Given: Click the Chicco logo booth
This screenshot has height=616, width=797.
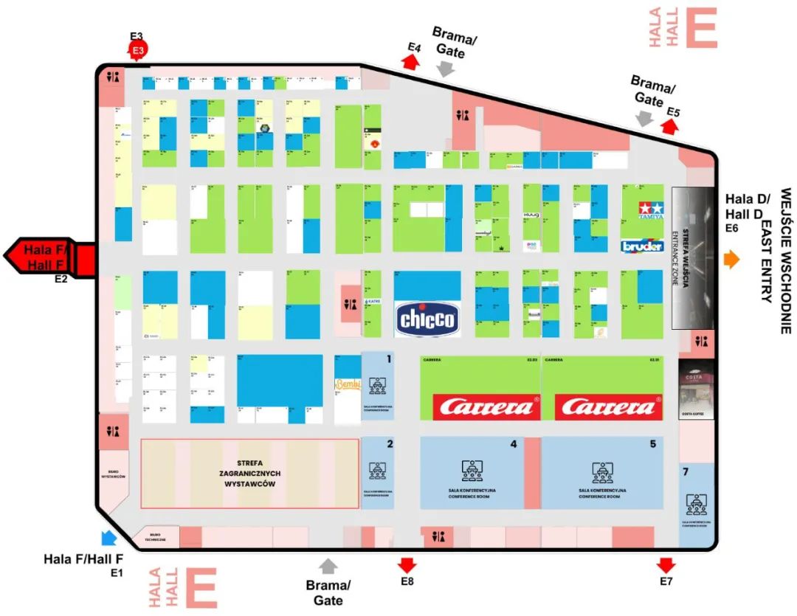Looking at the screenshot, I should (427, 319).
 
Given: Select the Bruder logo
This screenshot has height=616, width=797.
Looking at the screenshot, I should (642, 246).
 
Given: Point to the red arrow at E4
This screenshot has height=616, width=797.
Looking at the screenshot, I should (411, 62).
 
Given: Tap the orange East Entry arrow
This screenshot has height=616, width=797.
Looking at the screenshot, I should (731, 259).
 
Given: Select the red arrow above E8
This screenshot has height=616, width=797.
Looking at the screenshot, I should (407, 565).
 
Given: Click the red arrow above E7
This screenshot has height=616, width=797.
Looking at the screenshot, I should (666, 565).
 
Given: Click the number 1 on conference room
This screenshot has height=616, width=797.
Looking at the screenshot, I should (389, 360).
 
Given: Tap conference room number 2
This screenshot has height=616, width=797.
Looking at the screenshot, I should (389, 444).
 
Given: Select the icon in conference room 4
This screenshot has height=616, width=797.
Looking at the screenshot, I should (472, 469).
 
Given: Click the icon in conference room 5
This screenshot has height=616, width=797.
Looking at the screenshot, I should (602, 470).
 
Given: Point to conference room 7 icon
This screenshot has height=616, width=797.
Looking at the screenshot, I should (696, 504).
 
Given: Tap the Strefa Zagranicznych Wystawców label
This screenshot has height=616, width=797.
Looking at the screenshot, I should (249, 473).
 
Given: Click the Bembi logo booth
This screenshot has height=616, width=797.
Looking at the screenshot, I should (347, 384).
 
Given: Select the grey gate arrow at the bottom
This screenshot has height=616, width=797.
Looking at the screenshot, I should (328, 566).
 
